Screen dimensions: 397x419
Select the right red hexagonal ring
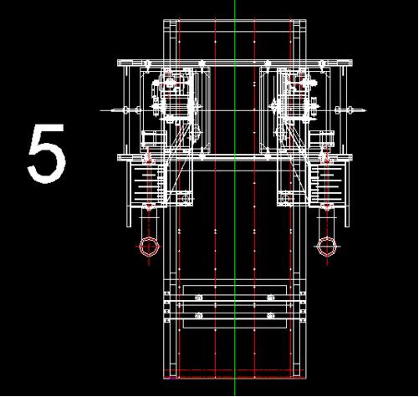326,247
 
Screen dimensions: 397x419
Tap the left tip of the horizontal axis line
102,109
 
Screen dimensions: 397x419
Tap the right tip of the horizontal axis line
367,109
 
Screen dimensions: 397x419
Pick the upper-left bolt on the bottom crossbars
199,297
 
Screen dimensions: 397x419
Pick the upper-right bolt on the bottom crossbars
270,297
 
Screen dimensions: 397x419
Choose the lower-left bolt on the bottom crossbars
199,315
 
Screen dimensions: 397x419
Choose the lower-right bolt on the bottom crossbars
270,315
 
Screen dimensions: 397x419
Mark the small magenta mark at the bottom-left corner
171,377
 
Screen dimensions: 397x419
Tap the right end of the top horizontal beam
351,63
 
